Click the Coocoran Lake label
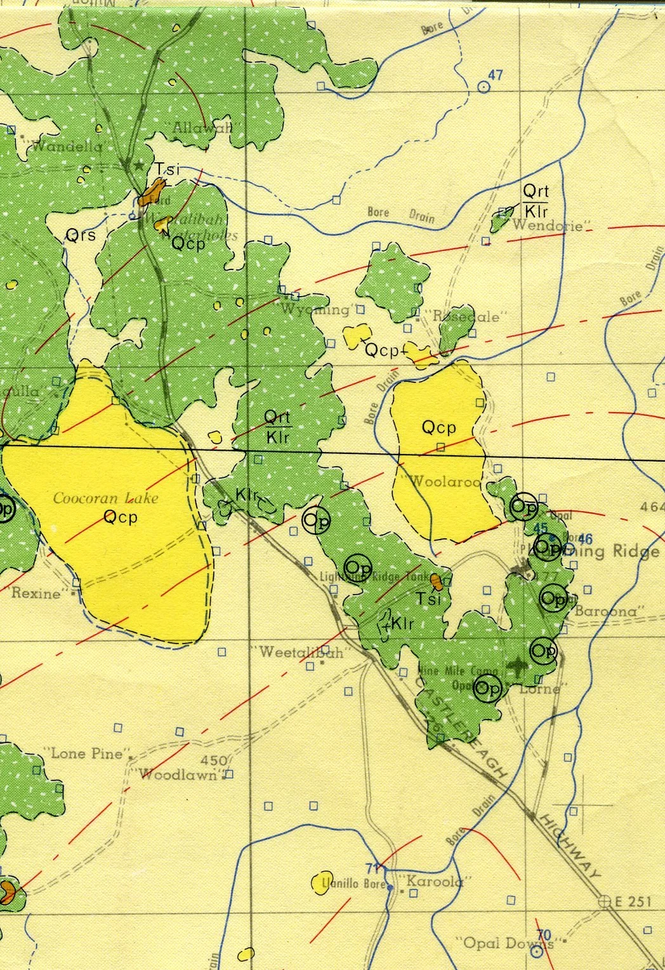pyautogui.click(x=105, y=498)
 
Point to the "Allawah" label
pyautogui.click(x=202, y=127)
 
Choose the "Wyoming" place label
pyautogui.click(x=315, y=309)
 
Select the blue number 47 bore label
pyautogui.click(x=495, y=75)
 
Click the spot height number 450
pyautogui.click(x=213, y=760)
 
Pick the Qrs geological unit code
pyautogui.click(x=81, y=236)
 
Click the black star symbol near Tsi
pyautogui.click(x=138, y=166)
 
